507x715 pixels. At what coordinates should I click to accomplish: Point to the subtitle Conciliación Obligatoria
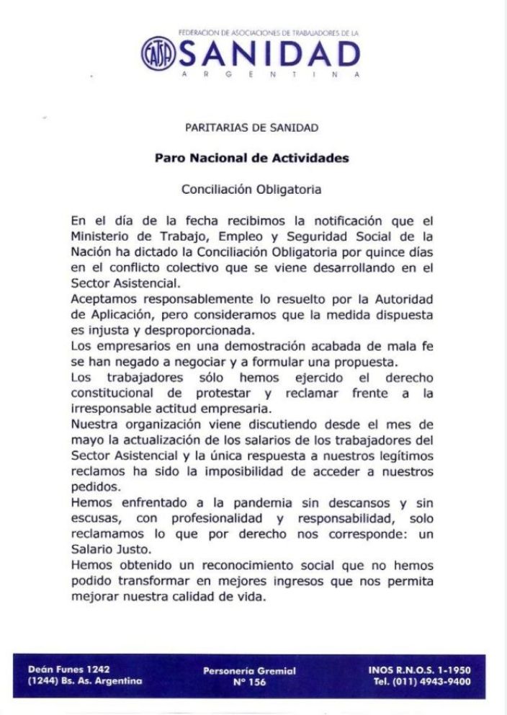coord(251,190)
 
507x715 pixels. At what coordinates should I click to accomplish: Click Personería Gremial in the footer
coord(250,671)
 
